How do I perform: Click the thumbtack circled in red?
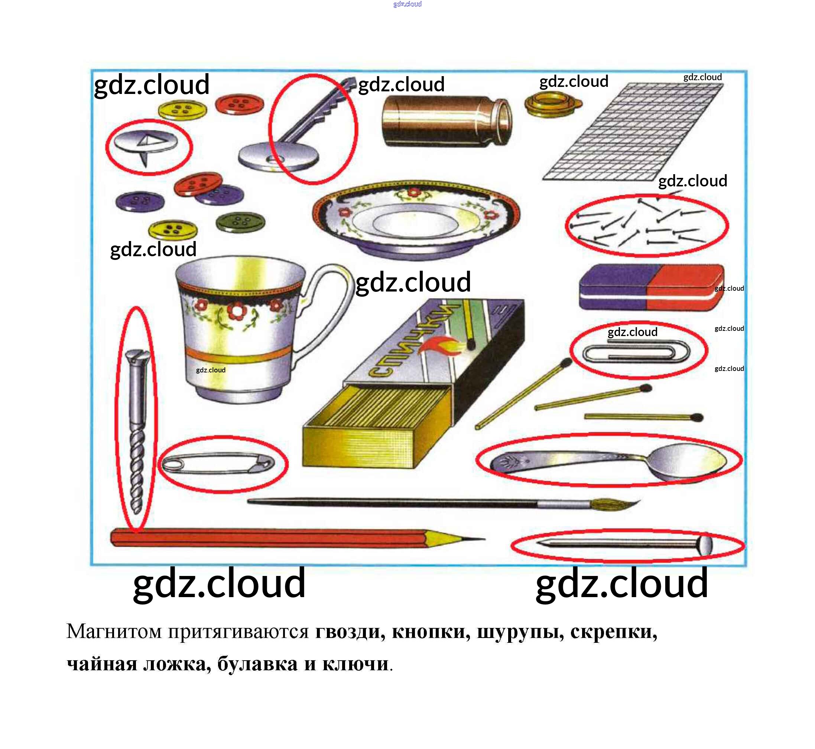(146, 144)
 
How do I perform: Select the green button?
(240, 222)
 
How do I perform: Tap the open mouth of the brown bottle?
(504, 121)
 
